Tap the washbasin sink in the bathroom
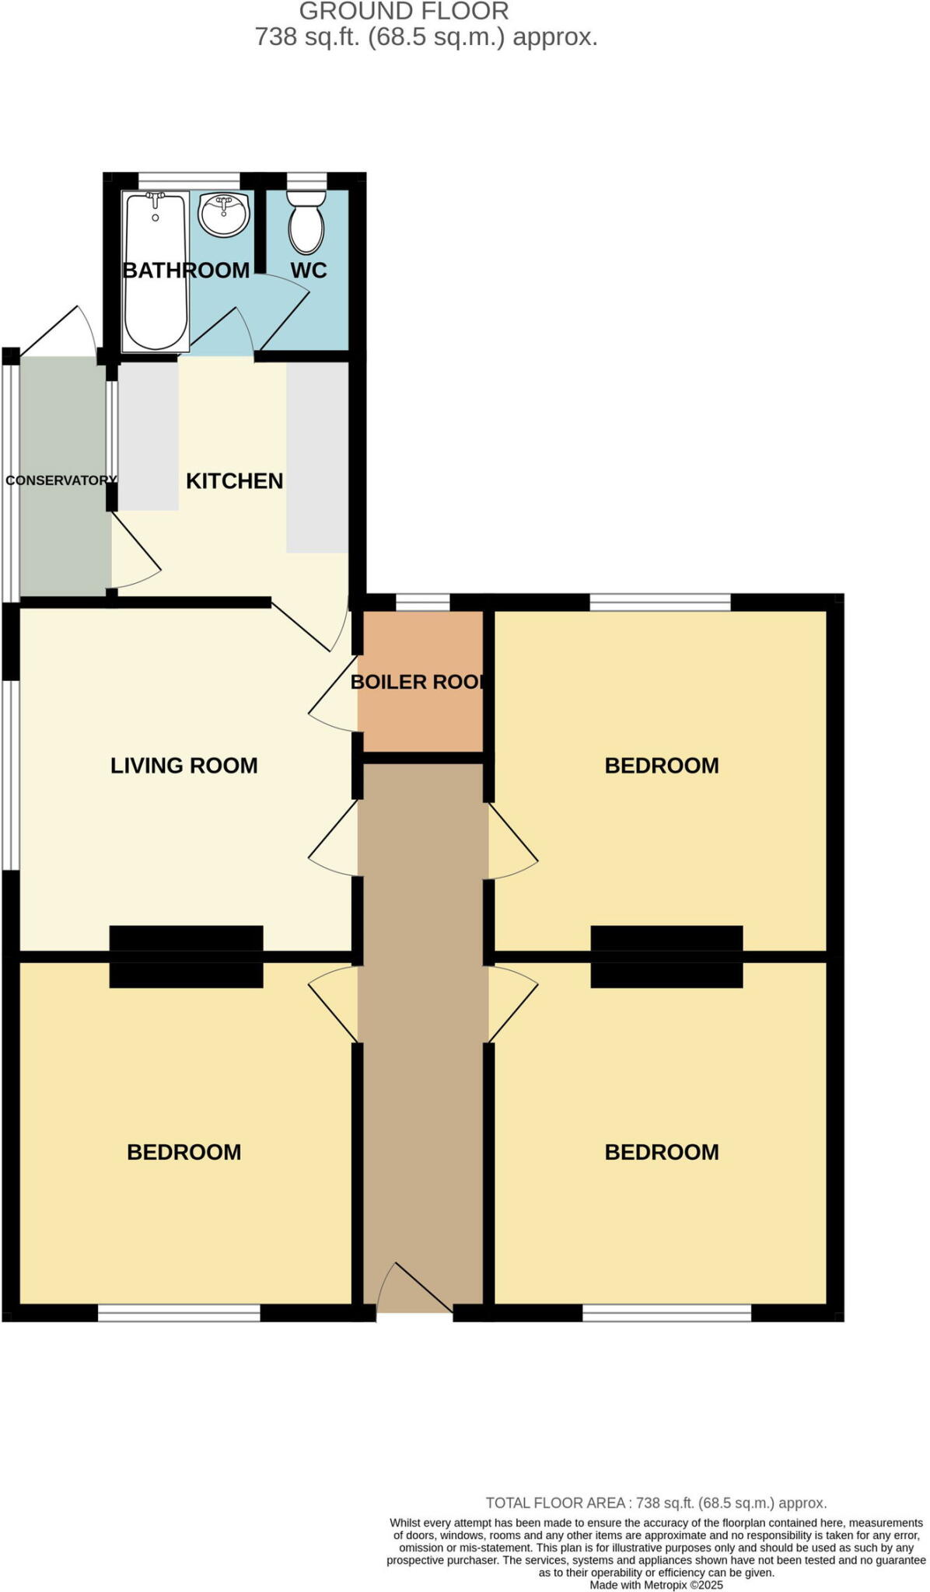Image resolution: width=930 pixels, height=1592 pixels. tap(225, 215)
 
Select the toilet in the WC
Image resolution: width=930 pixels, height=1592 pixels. tap(306, 222)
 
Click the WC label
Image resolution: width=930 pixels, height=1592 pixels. tap(309, 271)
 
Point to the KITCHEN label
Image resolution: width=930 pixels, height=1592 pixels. tap(234, 481)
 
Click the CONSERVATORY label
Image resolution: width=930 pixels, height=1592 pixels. tap(61, 480)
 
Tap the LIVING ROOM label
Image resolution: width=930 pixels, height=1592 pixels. tap(184, 766)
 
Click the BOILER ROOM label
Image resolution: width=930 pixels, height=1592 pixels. tap(418, 682)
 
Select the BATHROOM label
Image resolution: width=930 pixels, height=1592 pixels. tap(187, 271)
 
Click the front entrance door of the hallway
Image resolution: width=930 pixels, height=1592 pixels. tap(414, 1290)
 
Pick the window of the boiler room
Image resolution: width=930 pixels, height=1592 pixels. tap(423, 601)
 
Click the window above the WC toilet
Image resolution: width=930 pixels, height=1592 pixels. tap(306, 180)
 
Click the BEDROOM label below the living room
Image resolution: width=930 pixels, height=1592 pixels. tap(184, 1152)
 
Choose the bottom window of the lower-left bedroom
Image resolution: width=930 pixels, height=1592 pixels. tap(179, 1313)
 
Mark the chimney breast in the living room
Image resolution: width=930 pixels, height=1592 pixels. tap(186, 938)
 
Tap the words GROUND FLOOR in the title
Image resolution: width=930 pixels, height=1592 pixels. tap(404, 12)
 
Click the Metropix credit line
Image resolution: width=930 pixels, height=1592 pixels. tap(656, 1585)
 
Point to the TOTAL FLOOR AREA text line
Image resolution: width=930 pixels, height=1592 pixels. tap(656, 1503)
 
